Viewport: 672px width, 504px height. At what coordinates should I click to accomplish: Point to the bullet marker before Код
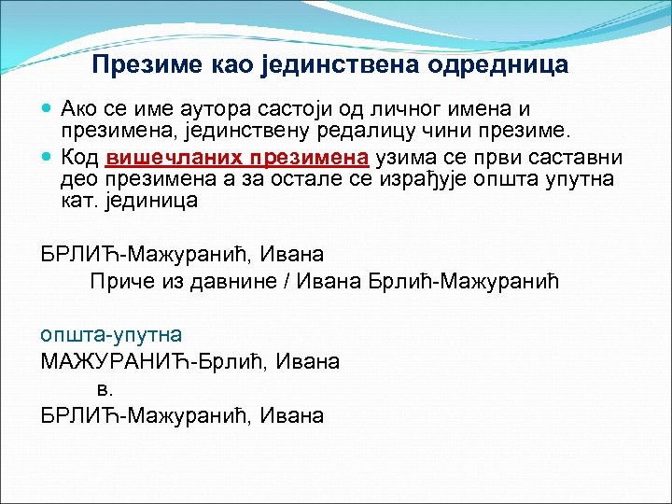coord(48,155)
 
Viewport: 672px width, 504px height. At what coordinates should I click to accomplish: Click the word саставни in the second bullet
coord(588,155)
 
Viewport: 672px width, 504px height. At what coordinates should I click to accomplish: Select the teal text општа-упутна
coord(111,334)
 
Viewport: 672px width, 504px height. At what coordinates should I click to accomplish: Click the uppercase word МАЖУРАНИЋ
coord(118,360)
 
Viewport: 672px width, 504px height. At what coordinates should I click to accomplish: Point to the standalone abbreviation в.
coord(104,389)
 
